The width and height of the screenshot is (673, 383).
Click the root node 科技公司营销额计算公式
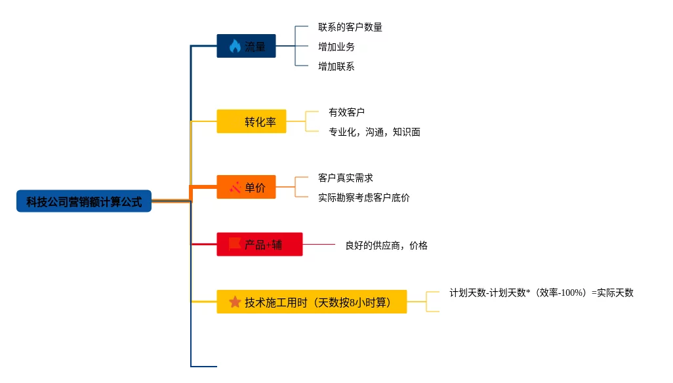click(x=84, y=201)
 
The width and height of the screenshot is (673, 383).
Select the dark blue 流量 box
click(x=246, y=46)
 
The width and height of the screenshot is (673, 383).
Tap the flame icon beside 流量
click(x=235, y=46)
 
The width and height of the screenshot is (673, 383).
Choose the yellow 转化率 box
click(x=251, y=121)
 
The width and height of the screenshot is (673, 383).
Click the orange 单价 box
click(x=246, y=187)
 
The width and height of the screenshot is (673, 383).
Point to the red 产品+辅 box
click(x=259, y=245)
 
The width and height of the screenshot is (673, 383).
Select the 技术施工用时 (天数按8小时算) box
click(x=312, y=302)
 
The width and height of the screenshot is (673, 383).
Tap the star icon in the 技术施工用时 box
click(x=235, y=302)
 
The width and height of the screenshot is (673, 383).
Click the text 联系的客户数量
click(x=350, y=27)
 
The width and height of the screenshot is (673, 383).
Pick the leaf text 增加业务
click(x=336, y=47)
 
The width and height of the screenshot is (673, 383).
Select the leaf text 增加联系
click(x=336, y=66)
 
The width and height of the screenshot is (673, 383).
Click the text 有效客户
click(x=346, y=112)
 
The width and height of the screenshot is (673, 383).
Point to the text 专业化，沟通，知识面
click(x=374, y=132)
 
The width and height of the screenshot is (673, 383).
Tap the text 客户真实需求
click(x=345, y=178)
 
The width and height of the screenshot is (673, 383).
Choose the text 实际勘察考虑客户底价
click(x=363, y=197)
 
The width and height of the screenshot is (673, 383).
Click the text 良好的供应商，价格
click(x=386, y=245)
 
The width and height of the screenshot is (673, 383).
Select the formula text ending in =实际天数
click(x=541, y=292)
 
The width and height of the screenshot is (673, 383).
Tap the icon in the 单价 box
click(x=235, y=187)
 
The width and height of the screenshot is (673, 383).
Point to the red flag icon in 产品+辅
click(x=235, y=244)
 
